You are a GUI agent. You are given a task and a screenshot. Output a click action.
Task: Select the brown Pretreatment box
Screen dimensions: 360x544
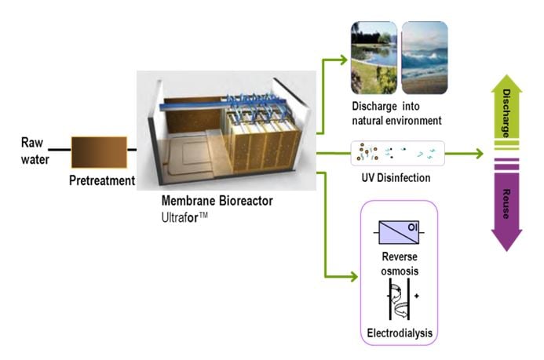point(98,151)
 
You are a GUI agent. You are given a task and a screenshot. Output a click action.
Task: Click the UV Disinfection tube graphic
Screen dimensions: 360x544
point(398,151)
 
